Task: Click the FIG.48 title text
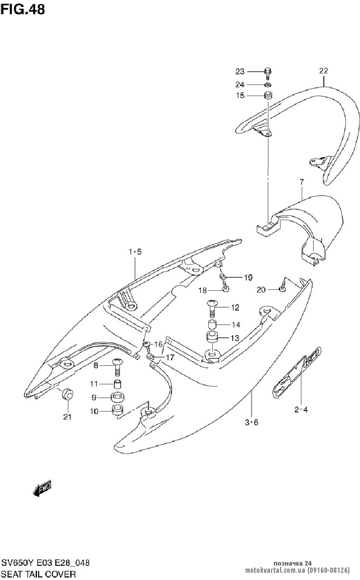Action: [x=23, y=9]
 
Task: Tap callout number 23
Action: [x=240, y=72]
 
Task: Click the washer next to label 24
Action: [x=267, y=85]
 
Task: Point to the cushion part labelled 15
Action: [x=267, y=96]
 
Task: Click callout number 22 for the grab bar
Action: [x=323, y=71]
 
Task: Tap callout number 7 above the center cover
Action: [x=301, y=182]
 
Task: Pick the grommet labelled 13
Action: [x=212, y=338]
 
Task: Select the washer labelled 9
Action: [x=117, y=397]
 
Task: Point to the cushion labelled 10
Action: [x=117, y=410]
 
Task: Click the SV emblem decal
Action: [x=297, y=374]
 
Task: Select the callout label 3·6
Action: [x=252, y=422]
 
